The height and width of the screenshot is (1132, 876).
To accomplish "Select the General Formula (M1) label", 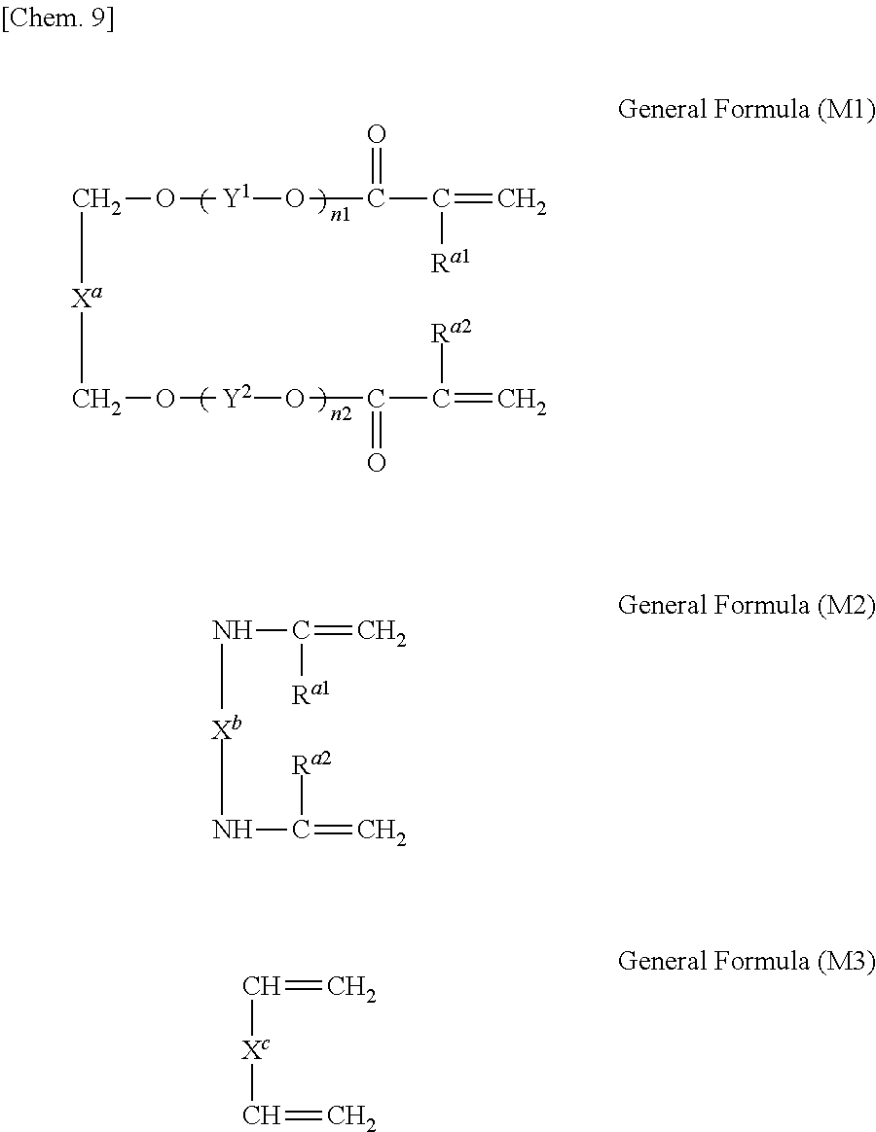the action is coord(747,109).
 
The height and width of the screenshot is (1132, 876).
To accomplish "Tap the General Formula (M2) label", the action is coord(747,606).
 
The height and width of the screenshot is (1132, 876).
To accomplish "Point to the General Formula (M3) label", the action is coord(747,962).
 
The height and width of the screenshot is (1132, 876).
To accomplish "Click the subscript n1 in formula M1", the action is coord(340,215).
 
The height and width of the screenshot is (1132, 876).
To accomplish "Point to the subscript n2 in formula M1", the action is coord(340,413).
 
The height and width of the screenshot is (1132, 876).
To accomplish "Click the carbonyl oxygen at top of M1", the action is coord(377,134).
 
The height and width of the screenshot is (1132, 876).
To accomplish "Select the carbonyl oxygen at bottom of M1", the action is coord(377,463).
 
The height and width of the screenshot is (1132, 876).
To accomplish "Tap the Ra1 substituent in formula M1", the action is coord(449,263).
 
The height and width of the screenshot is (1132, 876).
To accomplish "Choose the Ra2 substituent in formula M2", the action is coord(310,764).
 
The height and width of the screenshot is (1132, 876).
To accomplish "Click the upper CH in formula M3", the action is coord(261,988).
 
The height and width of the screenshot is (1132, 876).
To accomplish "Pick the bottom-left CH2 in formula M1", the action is coord(96,400).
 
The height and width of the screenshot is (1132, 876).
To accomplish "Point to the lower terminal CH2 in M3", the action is coord(351,1115).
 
